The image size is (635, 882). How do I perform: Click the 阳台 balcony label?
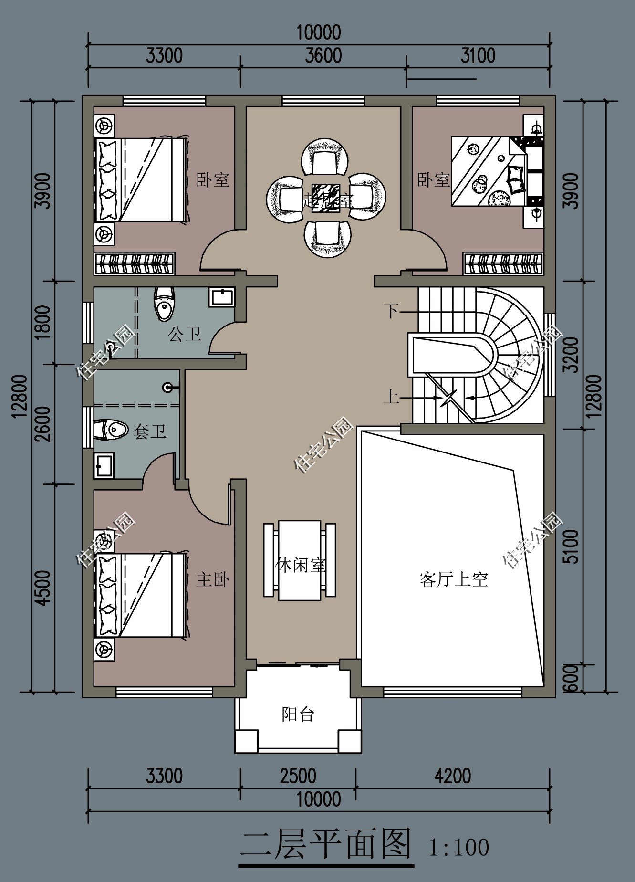(298, 714)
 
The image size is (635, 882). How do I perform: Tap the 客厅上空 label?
(453, 579)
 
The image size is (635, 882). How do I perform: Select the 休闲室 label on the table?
(301, 565)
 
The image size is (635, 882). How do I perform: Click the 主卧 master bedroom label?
(213, 579)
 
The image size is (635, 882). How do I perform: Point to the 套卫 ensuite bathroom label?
(149, 431)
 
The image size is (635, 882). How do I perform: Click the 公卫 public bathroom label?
(185, 334)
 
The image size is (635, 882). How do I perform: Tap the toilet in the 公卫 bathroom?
(164, 304)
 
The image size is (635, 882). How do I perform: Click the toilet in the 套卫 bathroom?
(111, 430)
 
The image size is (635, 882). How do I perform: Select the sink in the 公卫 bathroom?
(221, 297)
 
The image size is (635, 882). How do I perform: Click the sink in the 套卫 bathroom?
(104, 465)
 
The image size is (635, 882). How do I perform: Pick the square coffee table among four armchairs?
(326, 198)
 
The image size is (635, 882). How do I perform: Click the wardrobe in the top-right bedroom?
(503, 263)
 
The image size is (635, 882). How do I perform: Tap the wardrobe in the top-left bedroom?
(135, 263)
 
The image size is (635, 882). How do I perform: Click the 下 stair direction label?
(391, 311)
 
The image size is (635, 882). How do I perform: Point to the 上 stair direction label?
(391, 397)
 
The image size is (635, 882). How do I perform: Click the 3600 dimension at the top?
(323, 56)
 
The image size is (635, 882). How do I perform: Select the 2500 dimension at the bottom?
(298, 776)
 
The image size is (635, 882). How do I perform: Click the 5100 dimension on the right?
(572, 546)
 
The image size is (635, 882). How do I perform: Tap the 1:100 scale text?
(458, 848)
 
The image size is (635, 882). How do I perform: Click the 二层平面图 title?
(326, 845)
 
